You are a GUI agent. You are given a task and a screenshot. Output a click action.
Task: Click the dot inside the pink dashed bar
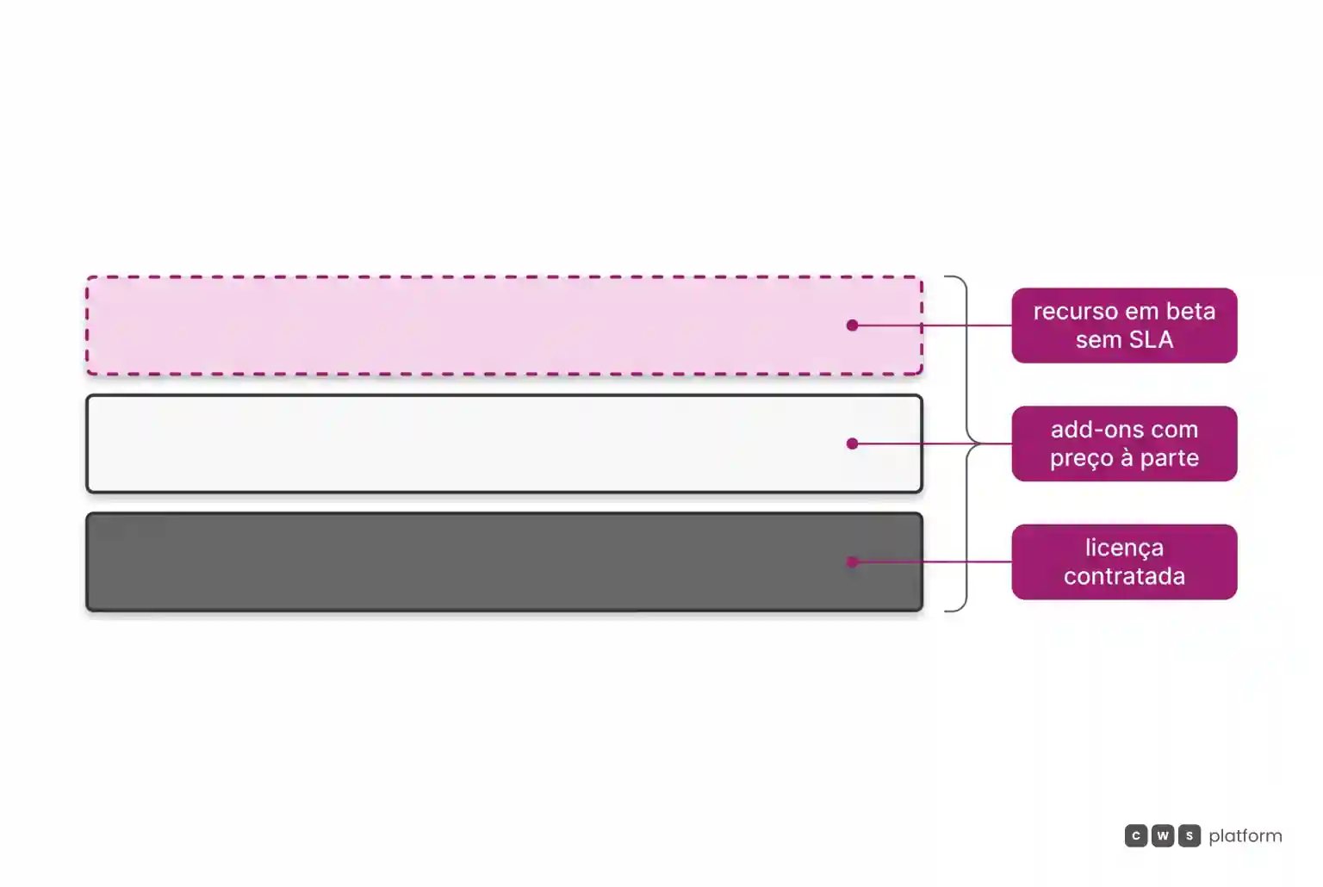click(852, 326)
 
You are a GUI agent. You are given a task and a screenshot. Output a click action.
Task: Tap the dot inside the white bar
click(852, 443)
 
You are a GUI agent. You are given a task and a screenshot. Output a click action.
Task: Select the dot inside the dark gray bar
click(852, 561)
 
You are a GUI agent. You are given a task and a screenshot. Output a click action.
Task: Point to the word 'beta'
click(1190, 311)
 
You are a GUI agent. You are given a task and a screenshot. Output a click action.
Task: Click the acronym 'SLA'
click(1151, 339)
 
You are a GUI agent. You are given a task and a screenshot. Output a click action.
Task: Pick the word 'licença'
click(1125, 549)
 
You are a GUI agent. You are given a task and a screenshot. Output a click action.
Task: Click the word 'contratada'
click(1125, 576)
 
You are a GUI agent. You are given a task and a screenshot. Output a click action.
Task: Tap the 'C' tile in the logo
click(1136, 835)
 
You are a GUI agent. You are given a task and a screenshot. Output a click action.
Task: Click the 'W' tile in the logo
click(1162, 835)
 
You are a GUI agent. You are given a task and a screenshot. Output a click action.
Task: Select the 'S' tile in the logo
click(1189, 835)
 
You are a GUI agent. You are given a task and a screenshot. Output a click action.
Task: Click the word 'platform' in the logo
click(1245, 836)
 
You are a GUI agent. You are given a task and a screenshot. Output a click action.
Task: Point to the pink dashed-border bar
click(505, 326)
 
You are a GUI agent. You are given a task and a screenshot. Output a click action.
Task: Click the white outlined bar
click(505, 443)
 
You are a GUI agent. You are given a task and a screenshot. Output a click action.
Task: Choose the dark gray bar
click(505, 561)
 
